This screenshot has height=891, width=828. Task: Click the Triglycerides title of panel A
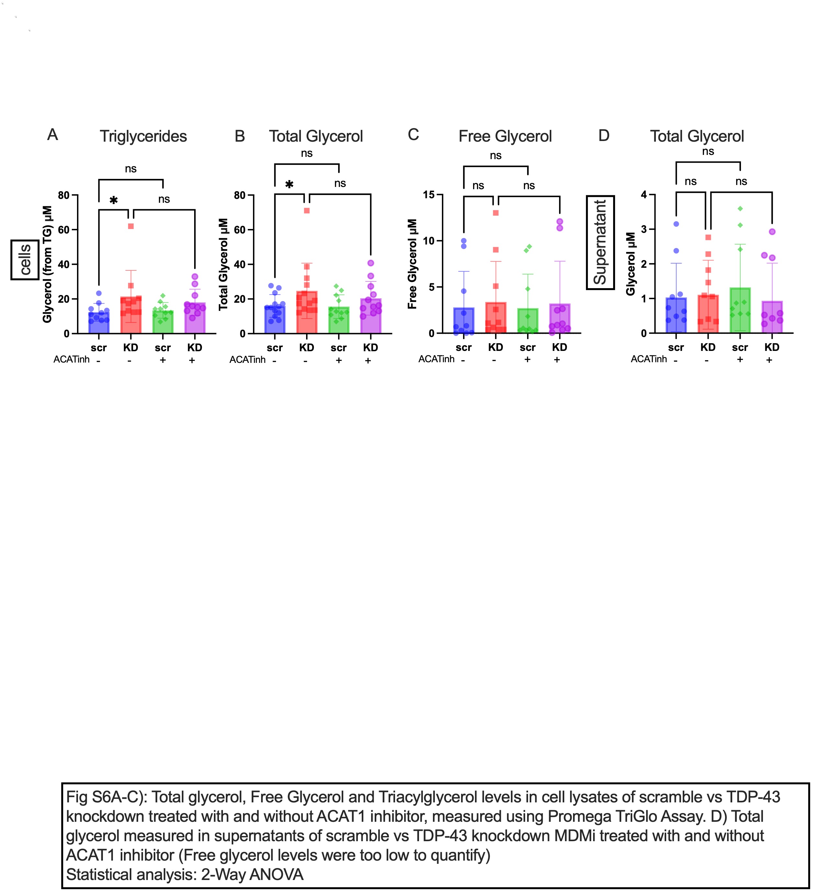pos(143,136)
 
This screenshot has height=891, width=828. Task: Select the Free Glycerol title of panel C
pos(505,136)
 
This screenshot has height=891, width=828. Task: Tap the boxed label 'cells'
pos(25,260)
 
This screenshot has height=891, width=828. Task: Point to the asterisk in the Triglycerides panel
pos(114,201)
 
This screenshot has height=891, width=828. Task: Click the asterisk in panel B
pos(290,184)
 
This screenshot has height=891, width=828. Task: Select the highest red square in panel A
pos(131,226)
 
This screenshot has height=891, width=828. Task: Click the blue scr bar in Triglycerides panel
pos(99,323)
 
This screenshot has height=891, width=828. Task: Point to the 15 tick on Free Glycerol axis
pos(429,195)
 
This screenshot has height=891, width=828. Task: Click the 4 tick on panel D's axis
pos(644,195)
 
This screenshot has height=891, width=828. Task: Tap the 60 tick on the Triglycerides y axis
pos(64,230)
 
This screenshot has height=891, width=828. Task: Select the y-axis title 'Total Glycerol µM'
pos(223,264)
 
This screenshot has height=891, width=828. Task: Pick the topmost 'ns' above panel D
pos(708,151)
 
